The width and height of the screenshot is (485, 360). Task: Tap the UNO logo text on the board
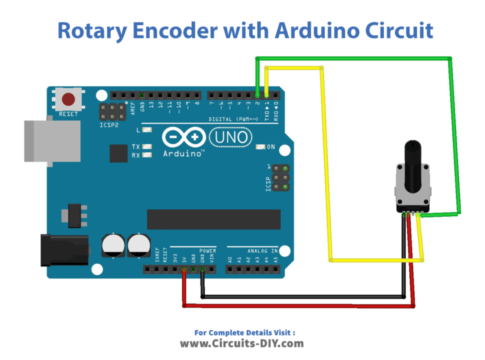(230, 136)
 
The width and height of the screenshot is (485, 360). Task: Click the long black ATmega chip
(213, 219)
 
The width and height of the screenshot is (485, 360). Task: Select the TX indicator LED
(147, 147)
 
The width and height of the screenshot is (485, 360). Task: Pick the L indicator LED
(147, 130)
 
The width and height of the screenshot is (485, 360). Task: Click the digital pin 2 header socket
(257, 94)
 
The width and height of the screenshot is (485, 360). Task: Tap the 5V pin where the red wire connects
(184, 270)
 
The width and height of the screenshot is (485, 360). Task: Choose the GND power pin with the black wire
(202, 270)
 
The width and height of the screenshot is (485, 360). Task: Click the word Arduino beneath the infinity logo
(183, 153)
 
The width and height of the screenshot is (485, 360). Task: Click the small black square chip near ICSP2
(118, 153)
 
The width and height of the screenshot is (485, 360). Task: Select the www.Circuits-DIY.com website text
(241, 343)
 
